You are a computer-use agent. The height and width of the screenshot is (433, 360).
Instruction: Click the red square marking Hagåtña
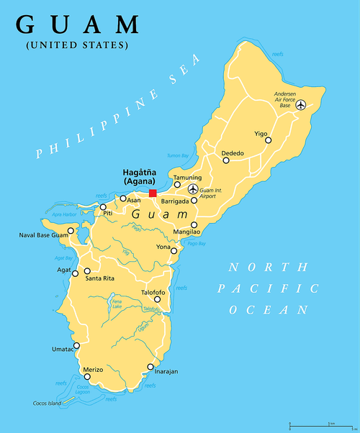[153, 193]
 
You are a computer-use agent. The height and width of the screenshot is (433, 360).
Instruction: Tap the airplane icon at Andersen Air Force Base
[300, 105]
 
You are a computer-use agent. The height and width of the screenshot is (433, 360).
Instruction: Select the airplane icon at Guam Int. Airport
[192, 189]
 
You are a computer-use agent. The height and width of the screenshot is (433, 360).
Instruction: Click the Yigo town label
[260, 134]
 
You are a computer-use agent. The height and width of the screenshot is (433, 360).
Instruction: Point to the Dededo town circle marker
[226, 160]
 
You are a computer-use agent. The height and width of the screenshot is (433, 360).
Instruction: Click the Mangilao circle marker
[194, 224]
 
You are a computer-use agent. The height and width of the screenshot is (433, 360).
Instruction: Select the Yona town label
[163, 247]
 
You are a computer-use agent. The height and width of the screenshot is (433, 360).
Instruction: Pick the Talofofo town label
[153, 293]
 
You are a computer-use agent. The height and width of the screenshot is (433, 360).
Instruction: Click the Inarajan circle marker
[150, 367]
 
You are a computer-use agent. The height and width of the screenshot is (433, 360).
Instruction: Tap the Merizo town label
[93, 369]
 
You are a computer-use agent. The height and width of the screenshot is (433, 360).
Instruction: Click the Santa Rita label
[99, 278]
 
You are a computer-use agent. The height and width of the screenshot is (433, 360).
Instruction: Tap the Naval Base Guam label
[42, 235]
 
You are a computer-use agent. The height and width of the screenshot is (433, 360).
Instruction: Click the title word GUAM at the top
[78, 24]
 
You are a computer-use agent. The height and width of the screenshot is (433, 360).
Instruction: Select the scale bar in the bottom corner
[327, 424]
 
